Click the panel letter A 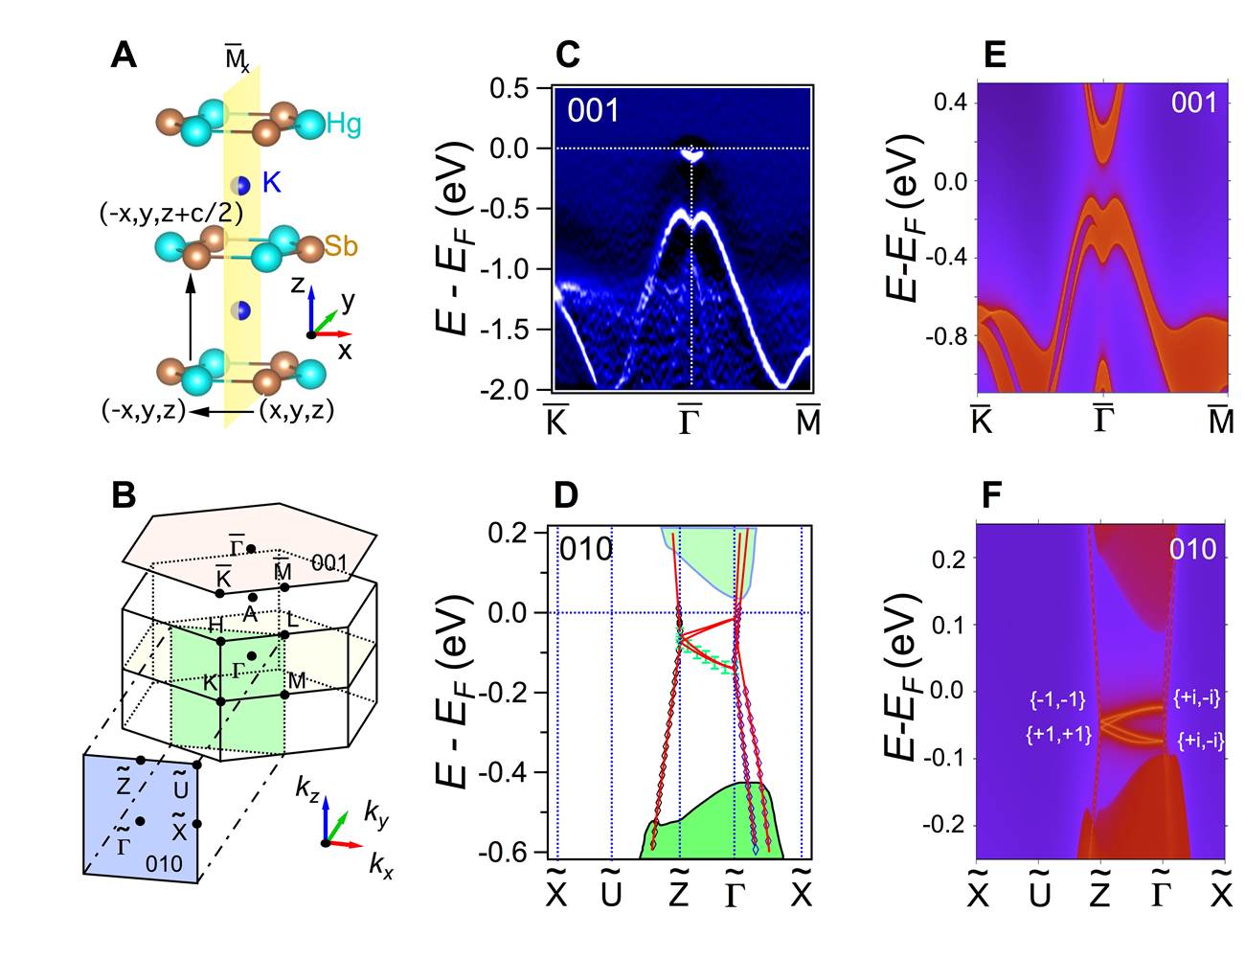click(124, 55)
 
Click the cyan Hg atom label click(344, 123)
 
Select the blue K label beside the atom click(272, 182)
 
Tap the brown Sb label click(340, 245)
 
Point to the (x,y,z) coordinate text click(296, 411)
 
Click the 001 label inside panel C click(594, 110)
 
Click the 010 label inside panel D click(585, 549)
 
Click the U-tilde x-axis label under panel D click(611, 892)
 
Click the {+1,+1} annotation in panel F click(1055, 735)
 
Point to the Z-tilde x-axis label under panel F click(1099, 892)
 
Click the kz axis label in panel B click(308, 788)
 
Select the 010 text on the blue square click(164, 863)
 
